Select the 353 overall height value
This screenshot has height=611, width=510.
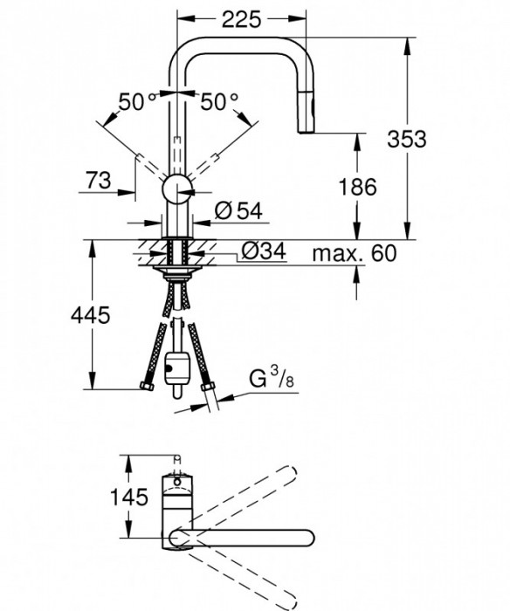432,138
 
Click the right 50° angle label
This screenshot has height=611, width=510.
219,101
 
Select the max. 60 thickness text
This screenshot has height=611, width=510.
355,254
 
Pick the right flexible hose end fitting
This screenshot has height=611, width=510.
208,388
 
